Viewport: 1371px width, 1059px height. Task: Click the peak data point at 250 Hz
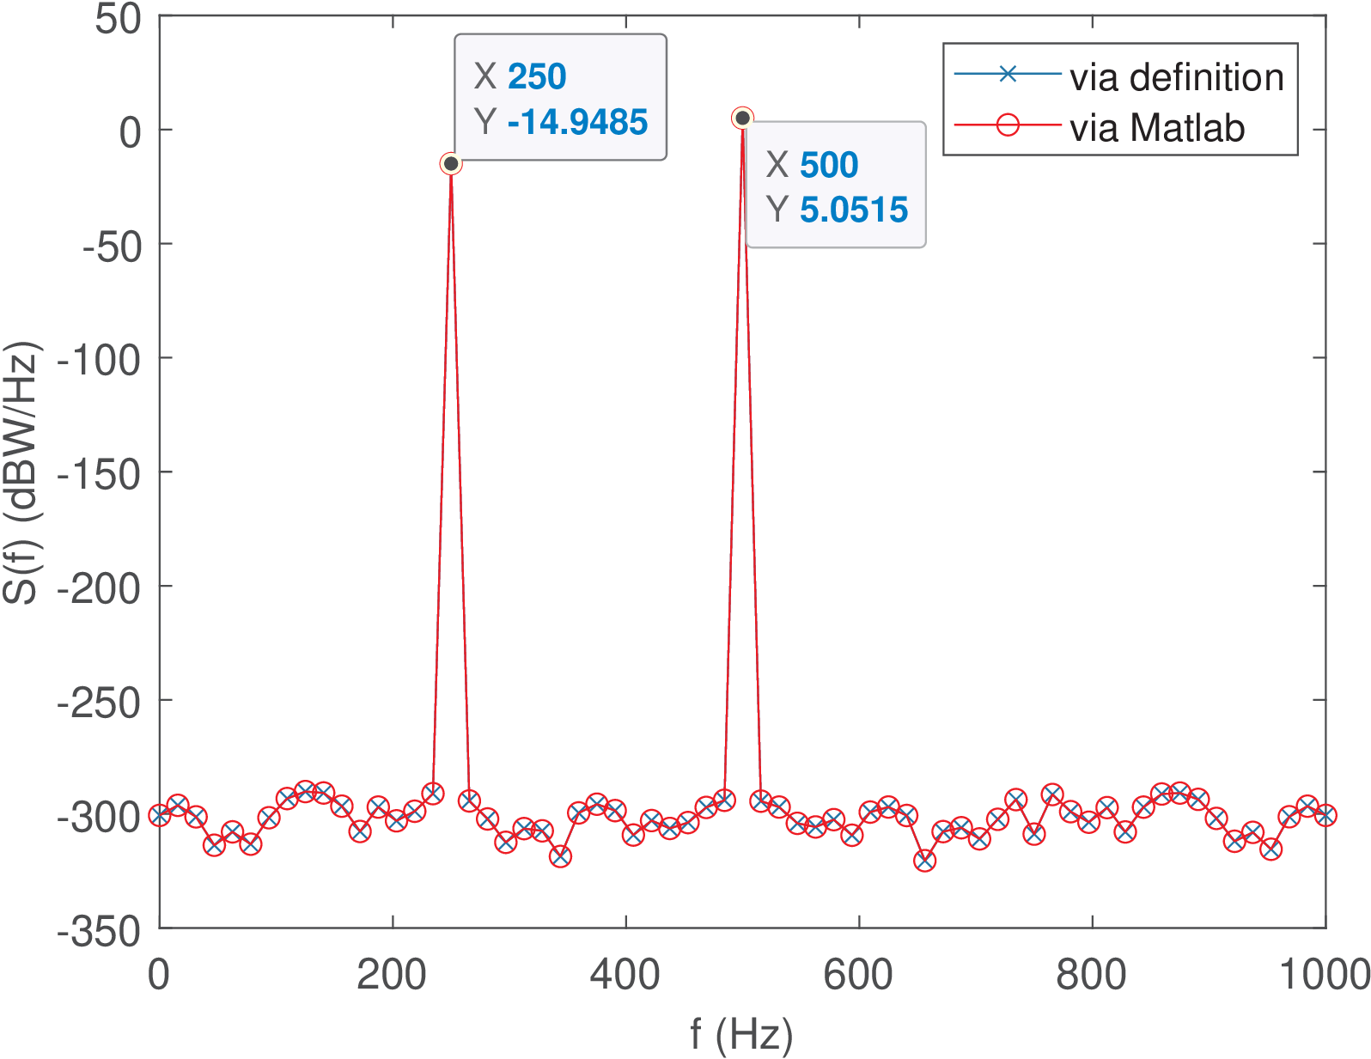pyautogui.click(x=451, y=163)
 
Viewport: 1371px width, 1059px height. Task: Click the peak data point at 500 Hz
pyautogui.click(x=742, y=118)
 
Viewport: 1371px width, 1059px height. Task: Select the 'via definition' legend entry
pyautogui.click(x=1176, y=77)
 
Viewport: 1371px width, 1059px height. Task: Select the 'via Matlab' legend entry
pyautogui.click(x=1157, y=128)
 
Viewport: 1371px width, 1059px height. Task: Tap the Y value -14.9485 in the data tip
pyautogui.click(x=577, y=122)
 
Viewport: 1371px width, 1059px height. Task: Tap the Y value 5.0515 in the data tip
pyautogui.click(x=853, y=210)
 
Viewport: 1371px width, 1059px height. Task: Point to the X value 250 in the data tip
pyautogui.click(x=537, y=76)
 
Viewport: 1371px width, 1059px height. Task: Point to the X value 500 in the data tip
pyautogui.click(x=829, y=165)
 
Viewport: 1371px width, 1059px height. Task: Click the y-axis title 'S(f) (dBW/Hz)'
pyautogui.click(x=21, y=473)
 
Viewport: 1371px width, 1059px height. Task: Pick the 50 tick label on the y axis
pyautogui.click(x=118, y=19)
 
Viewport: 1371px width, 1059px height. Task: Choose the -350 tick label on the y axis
pyautogui.click(x=99, y=931)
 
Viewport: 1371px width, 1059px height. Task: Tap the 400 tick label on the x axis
pyautogui.click(x=625, y=975)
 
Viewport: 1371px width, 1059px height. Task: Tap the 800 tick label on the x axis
pyautogui.click(x=1092, y=975)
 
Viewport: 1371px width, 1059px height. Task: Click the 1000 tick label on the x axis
pyautogui.click(x=1324, y=975)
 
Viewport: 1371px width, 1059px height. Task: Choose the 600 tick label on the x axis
pyautogui.click(x=858, y=975)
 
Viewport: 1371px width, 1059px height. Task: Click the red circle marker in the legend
pyautogui.click(x=1008, y=125)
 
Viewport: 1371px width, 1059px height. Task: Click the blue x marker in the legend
pyautogui.click(x=1008, y=75)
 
